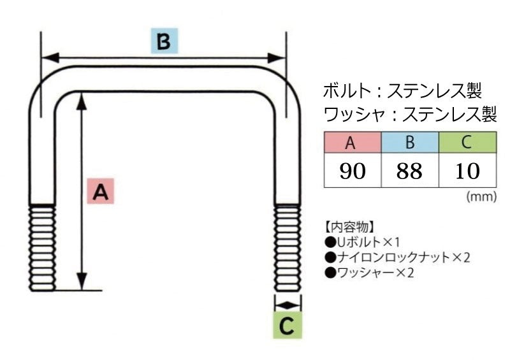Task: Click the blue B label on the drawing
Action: click(x=164, y=41)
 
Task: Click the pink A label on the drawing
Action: click(x=99, y=191)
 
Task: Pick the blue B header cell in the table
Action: click(x=409, y=143)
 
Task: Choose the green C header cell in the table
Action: click(x=467, y=143)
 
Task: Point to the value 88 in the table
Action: click(x=409, y=171)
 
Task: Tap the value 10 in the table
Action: click(x=467, y=171)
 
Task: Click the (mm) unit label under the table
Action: click(x=481, y=197)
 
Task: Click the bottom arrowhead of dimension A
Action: click(x=82, y=284)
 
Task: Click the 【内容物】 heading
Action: click(x=350, y=227)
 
